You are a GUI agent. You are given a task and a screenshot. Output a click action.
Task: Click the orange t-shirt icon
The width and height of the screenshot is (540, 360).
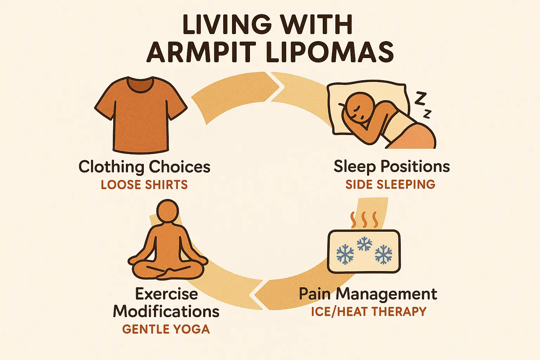click(x=141, y=116)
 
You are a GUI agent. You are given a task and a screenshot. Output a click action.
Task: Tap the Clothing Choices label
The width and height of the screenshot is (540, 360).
click(x=144, y=167)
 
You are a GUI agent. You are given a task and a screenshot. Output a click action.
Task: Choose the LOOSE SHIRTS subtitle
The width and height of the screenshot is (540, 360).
click(x=144, y=185)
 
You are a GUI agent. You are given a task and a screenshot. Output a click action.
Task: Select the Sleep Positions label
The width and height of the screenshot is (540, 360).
click(x=392, y=167)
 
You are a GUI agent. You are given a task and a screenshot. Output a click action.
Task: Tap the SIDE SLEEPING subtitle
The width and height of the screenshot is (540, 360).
click(x=390, y=185)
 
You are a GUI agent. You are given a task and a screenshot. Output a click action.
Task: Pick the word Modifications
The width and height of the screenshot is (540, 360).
click(x=166, y=311)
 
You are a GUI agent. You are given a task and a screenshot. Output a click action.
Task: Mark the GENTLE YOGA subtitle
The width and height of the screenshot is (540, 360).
click(x=166, y=329)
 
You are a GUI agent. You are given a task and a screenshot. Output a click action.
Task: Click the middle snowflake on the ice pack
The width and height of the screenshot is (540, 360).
click(x=365, y=243)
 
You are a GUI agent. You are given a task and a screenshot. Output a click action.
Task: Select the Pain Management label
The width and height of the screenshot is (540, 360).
click(x=368, y=294)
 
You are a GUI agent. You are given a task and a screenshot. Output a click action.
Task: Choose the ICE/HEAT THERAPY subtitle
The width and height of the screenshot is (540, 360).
click(x=368, y=311)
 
